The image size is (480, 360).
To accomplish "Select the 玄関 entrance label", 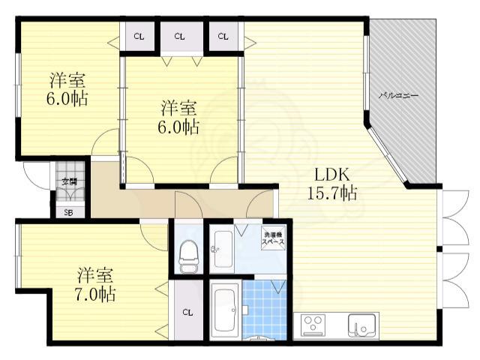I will (x=69, y=181).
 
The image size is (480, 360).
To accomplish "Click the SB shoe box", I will (x=69, y=211).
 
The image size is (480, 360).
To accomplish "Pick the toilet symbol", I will (x=187, y=254).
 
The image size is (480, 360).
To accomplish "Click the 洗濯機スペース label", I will (x=274, y=241).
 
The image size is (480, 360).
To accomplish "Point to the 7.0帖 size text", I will (x=94, y=293).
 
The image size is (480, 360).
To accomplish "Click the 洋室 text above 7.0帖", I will (x=94, y=273).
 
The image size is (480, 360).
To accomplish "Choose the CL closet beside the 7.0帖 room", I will (x=187, y=312).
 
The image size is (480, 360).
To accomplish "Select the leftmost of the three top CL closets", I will (x=139, y=36).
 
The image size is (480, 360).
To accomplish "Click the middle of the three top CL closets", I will (x=180, y=36).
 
